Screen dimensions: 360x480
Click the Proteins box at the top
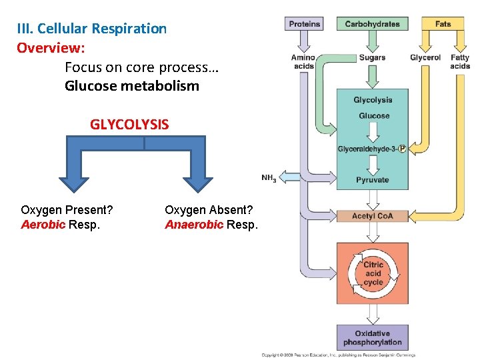coord(305,24)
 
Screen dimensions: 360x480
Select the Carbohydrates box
coord(372,24)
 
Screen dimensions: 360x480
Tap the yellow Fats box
coord(443,24)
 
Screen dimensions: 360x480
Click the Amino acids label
coord(303,61)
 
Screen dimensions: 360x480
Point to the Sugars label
coord(372,57)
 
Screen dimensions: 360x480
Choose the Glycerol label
coord(425,57)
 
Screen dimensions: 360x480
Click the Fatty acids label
coord(460,61)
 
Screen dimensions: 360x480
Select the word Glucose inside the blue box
coord(373,116)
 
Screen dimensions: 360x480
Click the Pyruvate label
coord(373,180)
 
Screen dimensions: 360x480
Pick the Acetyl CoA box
coord(373,216)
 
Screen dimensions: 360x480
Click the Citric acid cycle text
coord(373,273)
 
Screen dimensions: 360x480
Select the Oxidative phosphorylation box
coord(373,338)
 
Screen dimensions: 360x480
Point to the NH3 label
coord(269,178)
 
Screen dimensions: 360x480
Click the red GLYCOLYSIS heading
coord(129,125)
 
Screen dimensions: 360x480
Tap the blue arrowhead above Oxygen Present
coord(73,185)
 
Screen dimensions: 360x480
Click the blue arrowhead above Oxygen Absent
coord(198,185)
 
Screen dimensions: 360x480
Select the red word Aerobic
coord(43,225)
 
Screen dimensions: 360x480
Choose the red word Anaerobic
coord(194,225)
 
